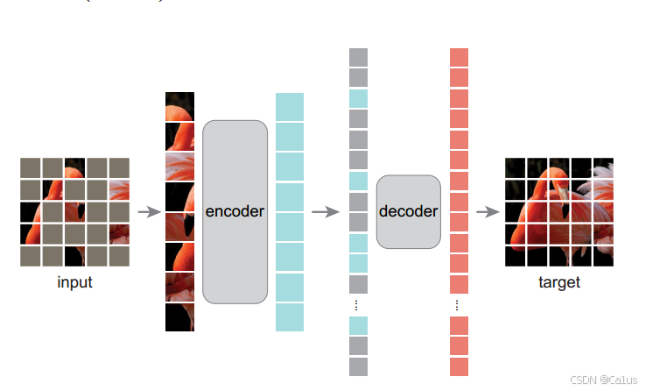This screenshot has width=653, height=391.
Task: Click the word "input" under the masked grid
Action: [74, 282]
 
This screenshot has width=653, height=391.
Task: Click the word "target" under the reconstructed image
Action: [558, 282]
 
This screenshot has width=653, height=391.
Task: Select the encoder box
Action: [235, 211]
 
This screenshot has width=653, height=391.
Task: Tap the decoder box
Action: [408, 211]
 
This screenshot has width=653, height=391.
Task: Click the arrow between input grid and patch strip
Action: [150, 211]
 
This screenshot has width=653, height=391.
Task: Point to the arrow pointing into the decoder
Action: [326, 211]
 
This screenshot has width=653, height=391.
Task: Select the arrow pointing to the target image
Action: [487, 211]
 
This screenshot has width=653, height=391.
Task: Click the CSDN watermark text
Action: [606, 380]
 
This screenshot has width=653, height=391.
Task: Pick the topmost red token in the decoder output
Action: [459, 57]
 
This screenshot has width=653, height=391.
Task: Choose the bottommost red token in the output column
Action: [459, 366]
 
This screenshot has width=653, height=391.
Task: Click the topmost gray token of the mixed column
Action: [358, 57]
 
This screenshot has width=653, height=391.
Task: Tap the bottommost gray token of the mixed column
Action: [358, 366]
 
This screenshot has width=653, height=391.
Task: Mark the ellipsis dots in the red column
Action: [457, 304]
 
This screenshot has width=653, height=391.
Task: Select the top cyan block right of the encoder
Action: [290, 106]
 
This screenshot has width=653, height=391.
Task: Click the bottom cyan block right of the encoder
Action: [290, 317]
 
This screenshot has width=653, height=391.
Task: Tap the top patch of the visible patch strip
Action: [179, 106]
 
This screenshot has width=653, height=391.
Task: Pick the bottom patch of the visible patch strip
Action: [179, 317]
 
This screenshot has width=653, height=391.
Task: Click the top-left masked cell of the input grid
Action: [31, 167]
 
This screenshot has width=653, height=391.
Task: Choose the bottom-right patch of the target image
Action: [602, 255]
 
